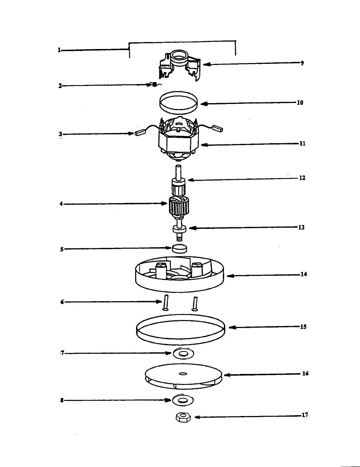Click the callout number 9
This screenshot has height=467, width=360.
tap(302, 63)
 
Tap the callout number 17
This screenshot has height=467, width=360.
tap(305, 415)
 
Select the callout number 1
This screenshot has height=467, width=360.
tap(59, 50)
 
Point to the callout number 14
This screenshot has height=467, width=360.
tap(304, 274)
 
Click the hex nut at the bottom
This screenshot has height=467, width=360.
tap(182, 418)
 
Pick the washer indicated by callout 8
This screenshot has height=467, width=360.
tap(183, 400)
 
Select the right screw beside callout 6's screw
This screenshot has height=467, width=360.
tap(195, 303)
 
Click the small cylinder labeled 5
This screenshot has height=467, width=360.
tap(180, 248)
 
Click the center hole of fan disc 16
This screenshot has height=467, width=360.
tap(183, 374)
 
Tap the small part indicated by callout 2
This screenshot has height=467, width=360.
tap(154, 84)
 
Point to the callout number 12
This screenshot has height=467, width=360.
tap(302, 178)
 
